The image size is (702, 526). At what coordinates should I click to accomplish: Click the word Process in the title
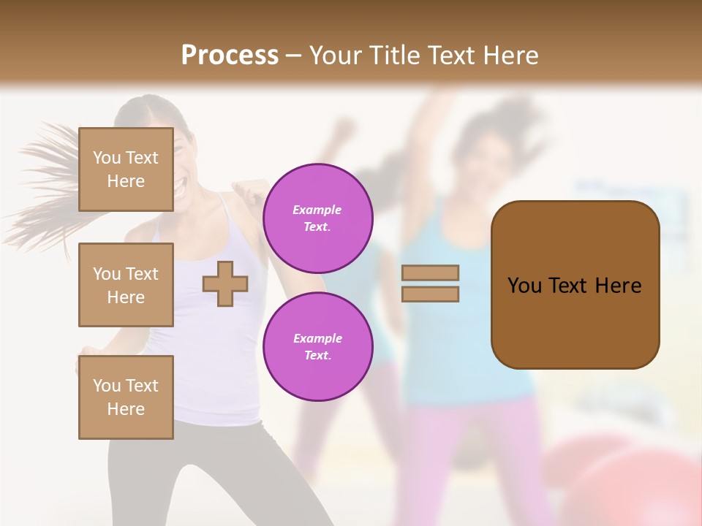230,55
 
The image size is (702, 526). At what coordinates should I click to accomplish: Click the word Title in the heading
392,56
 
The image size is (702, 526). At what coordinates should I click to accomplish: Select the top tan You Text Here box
126,169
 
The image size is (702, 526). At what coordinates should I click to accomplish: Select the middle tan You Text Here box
126,285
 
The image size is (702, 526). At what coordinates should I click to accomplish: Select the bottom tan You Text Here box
126,397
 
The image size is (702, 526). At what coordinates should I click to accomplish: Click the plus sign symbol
225,283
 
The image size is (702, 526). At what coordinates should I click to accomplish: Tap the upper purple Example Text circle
317,218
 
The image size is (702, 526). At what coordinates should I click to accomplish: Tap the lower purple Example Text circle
317,347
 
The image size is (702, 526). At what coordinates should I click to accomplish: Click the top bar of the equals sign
430,272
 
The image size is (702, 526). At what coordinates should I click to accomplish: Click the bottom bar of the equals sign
430,294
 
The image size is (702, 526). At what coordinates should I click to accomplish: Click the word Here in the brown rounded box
618,286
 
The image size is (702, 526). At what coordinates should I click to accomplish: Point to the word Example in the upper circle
317,210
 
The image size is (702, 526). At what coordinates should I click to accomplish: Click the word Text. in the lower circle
317,356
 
